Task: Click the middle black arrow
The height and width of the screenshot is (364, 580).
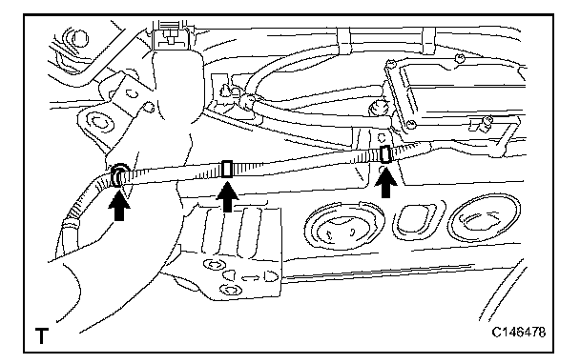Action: coord(227,199)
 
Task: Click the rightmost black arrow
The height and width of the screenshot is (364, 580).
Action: coord(385,183)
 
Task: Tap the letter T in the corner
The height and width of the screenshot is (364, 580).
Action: coord(42,336)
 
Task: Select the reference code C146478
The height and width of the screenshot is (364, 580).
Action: coord(519,333)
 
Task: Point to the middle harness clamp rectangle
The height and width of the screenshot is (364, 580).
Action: coord(227,170)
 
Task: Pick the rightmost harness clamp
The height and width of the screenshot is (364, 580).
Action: coord(386,154)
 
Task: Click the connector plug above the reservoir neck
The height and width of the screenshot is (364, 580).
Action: coord(170,37)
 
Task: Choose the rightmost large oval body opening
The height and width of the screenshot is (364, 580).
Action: coord(485,219)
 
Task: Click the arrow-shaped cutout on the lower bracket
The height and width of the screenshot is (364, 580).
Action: coord(249,278)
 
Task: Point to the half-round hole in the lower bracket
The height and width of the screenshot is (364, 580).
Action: coord(271,276)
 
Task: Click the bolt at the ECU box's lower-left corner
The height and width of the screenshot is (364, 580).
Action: coord(409,125)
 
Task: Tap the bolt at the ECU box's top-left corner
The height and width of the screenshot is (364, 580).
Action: coord(390,64)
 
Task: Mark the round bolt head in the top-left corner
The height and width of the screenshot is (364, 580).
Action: coord(80,38)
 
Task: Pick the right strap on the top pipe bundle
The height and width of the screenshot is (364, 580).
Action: coord(428,41)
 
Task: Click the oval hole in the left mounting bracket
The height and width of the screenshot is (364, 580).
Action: coord(98,122)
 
